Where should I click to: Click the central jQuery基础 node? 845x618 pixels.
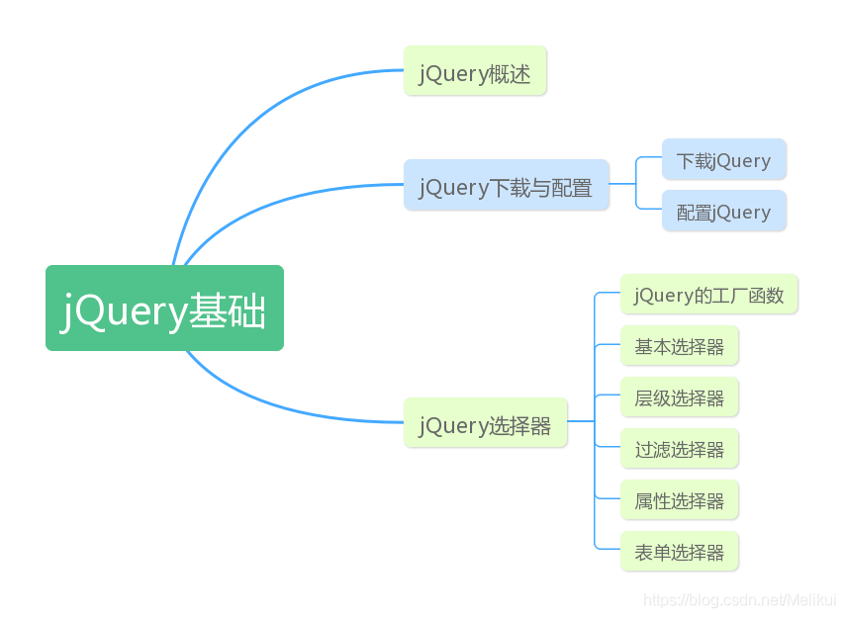(164, 308)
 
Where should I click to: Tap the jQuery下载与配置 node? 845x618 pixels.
(506, 185)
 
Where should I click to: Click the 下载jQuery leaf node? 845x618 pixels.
(723, 160)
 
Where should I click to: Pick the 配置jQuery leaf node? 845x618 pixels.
(723, 212)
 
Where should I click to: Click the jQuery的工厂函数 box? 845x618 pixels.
(708, 295)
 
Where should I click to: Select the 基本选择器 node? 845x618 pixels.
(679, 346)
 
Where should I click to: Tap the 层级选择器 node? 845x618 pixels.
(679, 397)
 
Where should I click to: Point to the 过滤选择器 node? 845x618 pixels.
(679, 449)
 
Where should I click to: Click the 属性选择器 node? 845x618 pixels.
(679, 500)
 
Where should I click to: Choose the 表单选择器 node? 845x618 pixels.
(679, 552)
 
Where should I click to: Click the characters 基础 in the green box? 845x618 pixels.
(228, 309)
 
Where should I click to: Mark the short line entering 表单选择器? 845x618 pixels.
(607, 549)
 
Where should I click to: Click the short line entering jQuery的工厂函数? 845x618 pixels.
(607, 293)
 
